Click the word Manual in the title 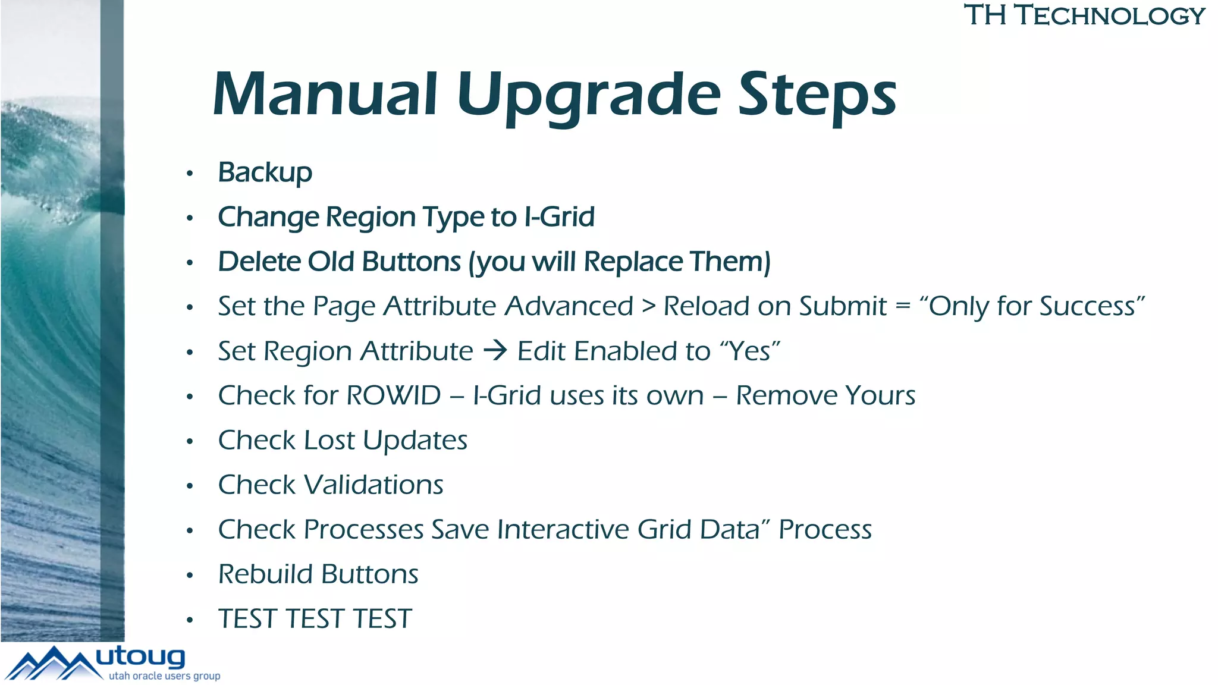[325, 95]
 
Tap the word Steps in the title [817, 95]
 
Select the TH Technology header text [1084, 15]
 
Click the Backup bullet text [265, 173]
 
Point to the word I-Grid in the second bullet [559, 217]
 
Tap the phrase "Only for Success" [1032, 306]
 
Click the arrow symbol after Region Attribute [495, 350]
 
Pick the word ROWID [393, 395]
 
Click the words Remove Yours [825, 395]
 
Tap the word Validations [373, 485]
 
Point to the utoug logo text [140, 657]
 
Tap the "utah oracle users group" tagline [164, 676]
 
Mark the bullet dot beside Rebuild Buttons [190, 575]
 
